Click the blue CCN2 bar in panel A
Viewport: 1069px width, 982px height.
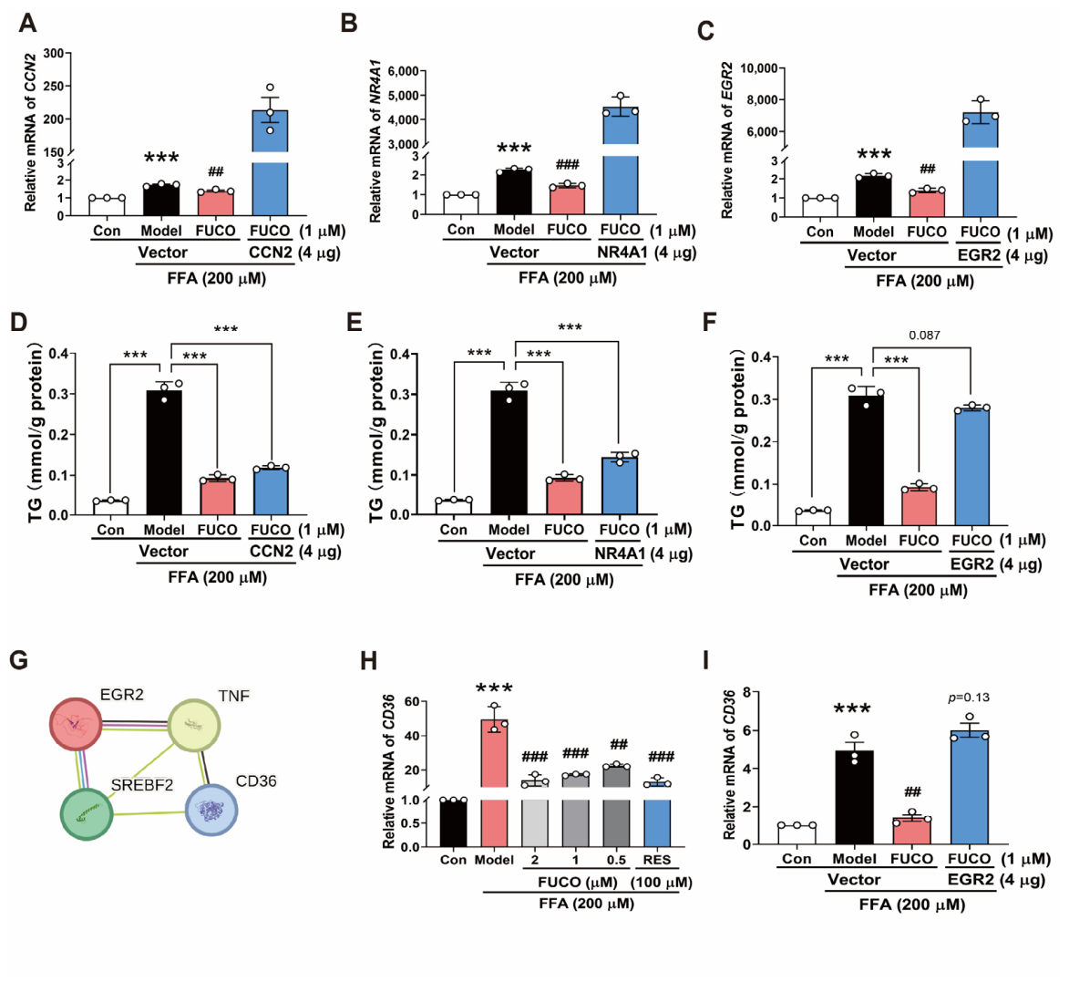pyautogui.click(x=270, y=163)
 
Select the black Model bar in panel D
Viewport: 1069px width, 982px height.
pyautogui.click(x=164, y=452)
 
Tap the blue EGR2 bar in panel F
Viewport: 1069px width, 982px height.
pyautogui.click(x=971, y=467)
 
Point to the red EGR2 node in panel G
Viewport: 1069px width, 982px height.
pyautogui.click(x=77, y=724)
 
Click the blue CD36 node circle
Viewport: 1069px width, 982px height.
pyautogui.click(x=211, y=811)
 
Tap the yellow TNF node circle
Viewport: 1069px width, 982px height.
pyautogui.click(x=193, y=726)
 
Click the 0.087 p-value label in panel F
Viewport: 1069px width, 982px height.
pyautogui.click(x=924, y=335)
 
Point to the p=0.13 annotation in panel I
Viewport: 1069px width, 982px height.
pyautogui.click(x=968, y=697)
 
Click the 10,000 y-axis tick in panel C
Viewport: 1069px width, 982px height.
pyautogui.click(x=759, y=68)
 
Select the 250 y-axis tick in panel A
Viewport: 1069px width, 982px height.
pyautogui.click(x=54, y=86)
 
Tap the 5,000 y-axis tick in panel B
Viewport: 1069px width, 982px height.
pyautogui.click(x=403, y=96)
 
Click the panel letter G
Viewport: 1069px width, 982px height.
pyautogui.click(x=19, y=660)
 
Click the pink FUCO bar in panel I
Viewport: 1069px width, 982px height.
pyautogui.click(x=911, y=831)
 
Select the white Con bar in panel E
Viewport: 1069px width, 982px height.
pyautogui.click(x=454, y=507)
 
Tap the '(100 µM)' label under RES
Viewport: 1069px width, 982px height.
pyautogui.click(x=662, y=883)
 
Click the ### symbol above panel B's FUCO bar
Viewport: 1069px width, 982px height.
pyautogui.click(x=567, y=164)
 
